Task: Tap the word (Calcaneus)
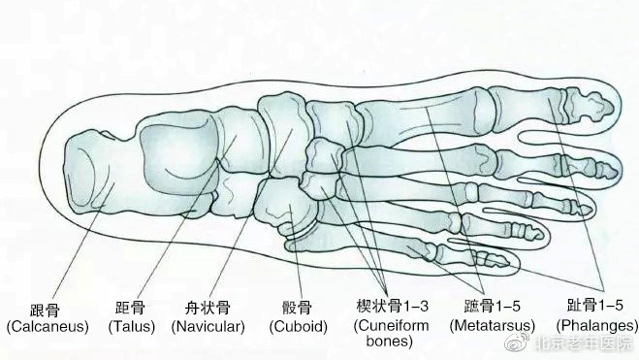click(x=47, y=326)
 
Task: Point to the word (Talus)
click(x=128, y=326)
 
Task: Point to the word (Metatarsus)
click(x=489, y=326)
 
